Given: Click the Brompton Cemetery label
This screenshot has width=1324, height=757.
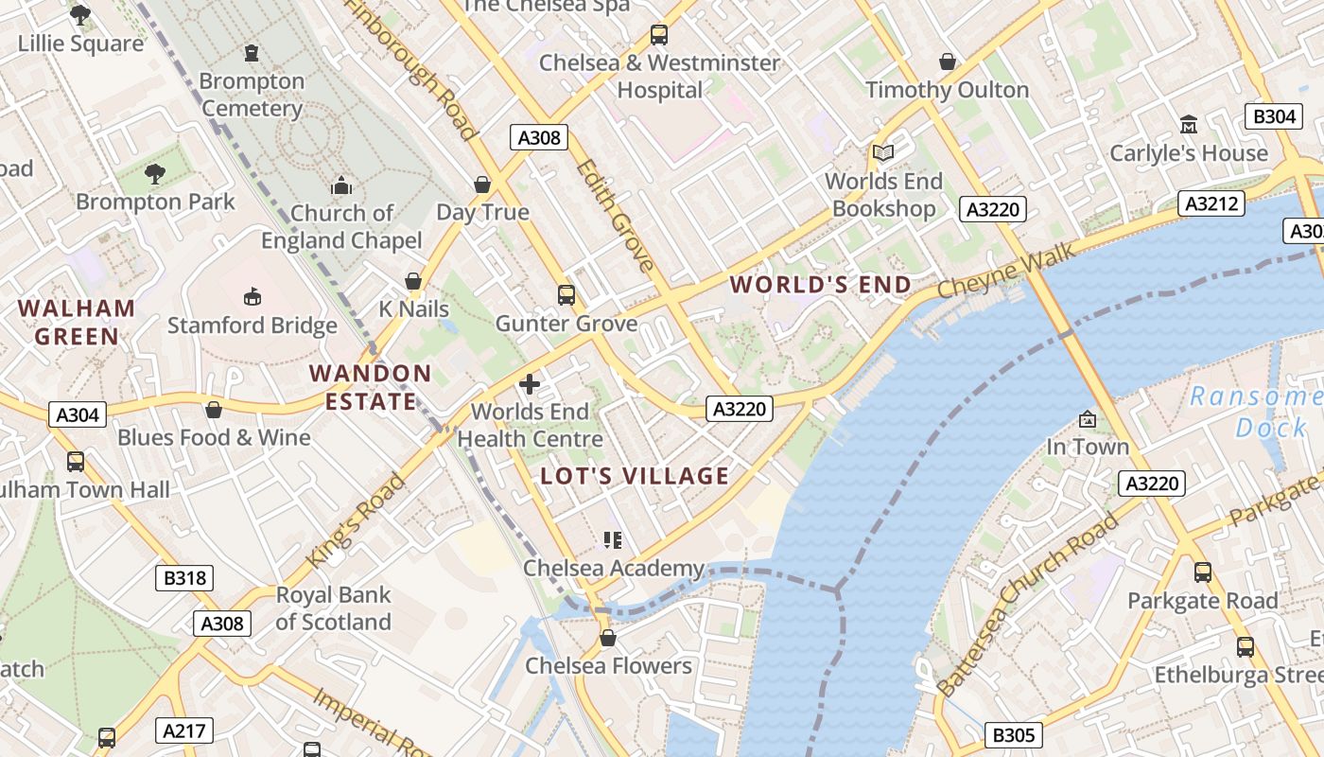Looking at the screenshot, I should point(252,95).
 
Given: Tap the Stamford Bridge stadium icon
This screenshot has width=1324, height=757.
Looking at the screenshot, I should point(253,298).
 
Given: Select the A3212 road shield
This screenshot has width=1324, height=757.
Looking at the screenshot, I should point(1211,203).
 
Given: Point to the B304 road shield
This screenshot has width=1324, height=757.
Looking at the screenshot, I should point(1273,116).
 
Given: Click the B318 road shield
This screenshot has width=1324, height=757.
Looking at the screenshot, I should point(184,577).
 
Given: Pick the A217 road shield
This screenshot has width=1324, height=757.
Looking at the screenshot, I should point(184,731).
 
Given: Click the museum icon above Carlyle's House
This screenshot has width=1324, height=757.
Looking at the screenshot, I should point(1189,124).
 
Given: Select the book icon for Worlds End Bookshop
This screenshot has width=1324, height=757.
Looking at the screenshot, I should point(883,152).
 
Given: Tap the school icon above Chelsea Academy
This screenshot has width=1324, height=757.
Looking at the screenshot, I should point(613,540).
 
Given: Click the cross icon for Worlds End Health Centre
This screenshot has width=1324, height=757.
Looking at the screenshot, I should point(530,383).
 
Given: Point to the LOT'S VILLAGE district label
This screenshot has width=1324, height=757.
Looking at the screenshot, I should point(635,476).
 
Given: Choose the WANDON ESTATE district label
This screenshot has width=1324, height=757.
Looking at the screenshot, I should point(371,387).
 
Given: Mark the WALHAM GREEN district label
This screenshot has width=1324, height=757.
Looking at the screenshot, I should point(77,322).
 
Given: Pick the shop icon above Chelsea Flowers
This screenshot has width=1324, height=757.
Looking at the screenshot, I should point(608,638).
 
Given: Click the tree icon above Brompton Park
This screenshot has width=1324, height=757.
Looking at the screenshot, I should point(155,174).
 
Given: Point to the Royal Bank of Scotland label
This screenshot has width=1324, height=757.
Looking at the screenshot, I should point(333,608).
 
